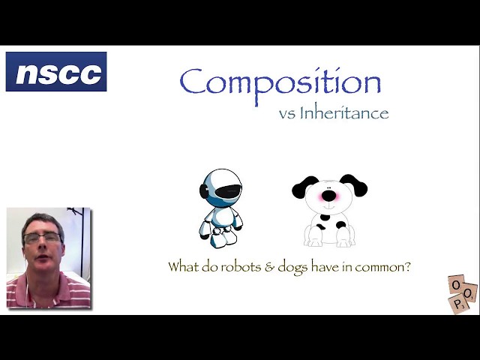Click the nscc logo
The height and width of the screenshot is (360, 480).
[56, 72]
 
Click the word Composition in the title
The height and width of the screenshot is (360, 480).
[280, 82]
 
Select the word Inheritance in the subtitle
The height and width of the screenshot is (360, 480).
[343, 114]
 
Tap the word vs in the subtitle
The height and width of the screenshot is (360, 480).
[286, 115]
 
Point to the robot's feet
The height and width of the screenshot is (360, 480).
[220, 239]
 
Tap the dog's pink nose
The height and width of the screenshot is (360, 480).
[328, 196]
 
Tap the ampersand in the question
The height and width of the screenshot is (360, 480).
[270, 266]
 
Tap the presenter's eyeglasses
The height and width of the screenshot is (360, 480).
[43, 238]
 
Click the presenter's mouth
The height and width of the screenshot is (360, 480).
[43, 259]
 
